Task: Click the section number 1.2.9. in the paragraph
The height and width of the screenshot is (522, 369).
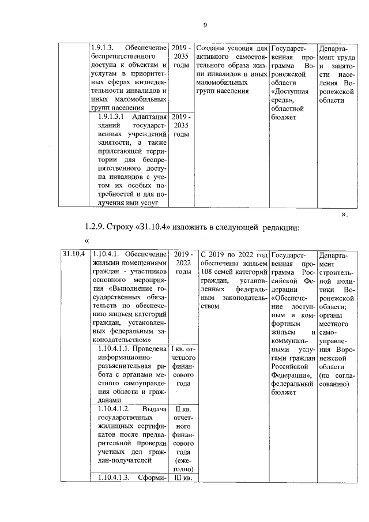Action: pos(96,227)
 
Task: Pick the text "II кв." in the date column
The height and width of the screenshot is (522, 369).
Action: pos(183,408)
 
